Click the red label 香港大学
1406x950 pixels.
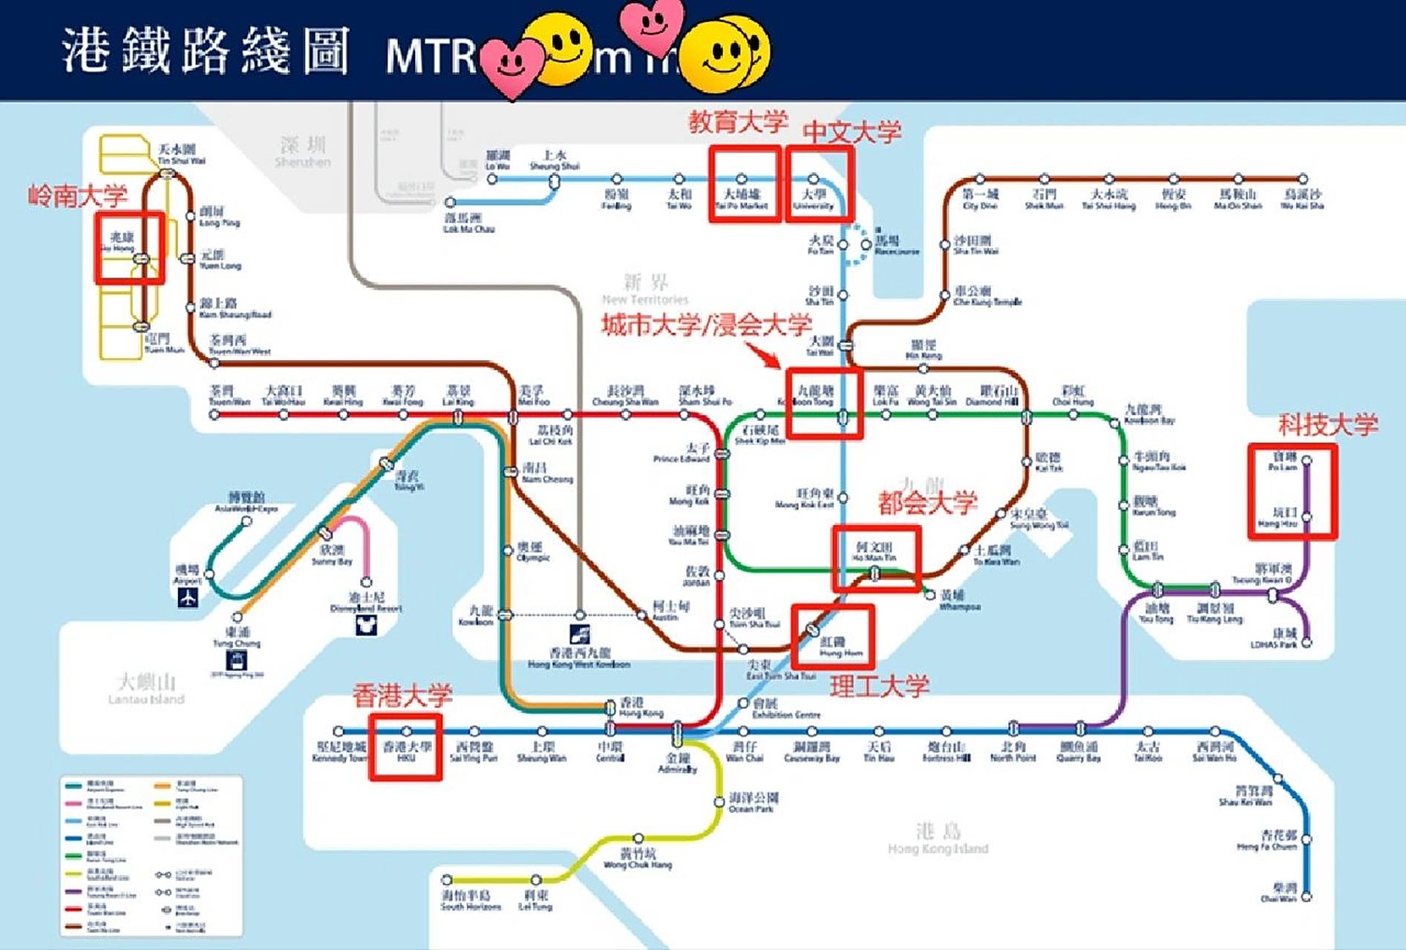tap(402, 695)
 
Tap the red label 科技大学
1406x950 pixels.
tap(1327, 425)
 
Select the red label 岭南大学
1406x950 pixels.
tap(78, 196)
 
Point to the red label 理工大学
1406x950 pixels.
tap(879, 687)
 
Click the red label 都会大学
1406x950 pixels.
tap(927, 503)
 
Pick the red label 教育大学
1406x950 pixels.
tap(738, 122)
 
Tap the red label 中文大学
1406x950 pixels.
tap(851, 132)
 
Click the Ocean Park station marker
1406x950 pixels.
tap(719, 802)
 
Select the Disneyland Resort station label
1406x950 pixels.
tap(366, 602)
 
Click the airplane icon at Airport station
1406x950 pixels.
tap(188, 597)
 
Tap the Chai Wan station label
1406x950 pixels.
tap(1279, 893)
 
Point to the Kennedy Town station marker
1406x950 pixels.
tap(339, 731)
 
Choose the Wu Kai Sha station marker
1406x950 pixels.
tap(1303, 179)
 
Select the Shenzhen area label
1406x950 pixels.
tap(303, 151)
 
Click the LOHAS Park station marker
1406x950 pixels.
tap(1307, 643)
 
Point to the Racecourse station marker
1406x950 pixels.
tap(866, 245)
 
